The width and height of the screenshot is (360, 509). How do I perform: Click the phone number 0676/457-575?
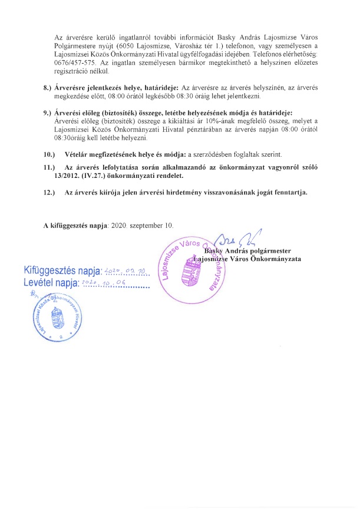tap(68, 62)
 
